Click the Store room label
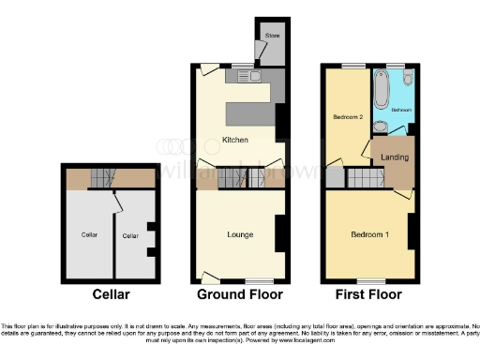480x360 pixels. (272, 36)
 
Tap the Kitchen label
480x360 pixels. (234, 141)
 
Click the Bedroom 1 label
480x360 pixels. (369, 233)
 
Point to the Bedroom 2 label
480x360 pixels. (348, 117)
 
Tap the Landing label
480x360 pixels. (395, 157)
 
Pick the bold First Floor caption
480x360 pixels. (368, 294)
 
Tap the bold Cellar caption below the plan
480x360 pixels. (111, 294)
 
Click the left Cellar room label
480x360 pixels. (89, 233)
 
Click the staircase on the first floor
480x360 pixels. (366, 178)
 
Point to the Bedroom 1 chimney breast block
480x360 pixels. (412, 231)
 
